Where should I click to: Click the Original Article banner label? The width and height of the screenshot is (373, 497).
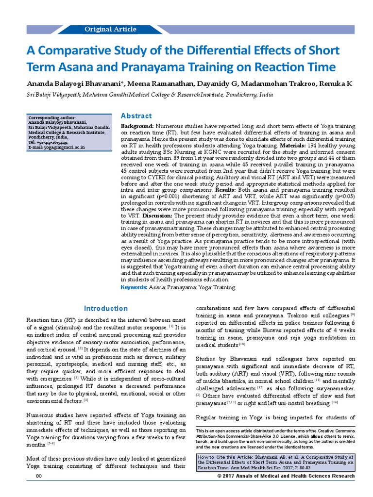[x=110, y=30]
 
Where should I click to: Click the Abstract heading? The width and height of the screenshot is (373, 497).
[x=136, y=116]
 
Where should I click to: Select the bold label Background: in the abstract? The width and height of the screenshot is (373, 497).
[x=137, y=126]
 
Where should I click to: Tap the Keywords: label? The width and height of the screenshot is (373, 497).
[x=134, y=287]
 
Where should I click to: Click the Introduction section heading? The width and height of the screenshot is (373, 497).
[x=105, y=309]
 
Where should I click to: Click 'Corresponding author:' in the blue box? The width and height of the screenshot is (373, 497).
[x=52, y=117]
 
